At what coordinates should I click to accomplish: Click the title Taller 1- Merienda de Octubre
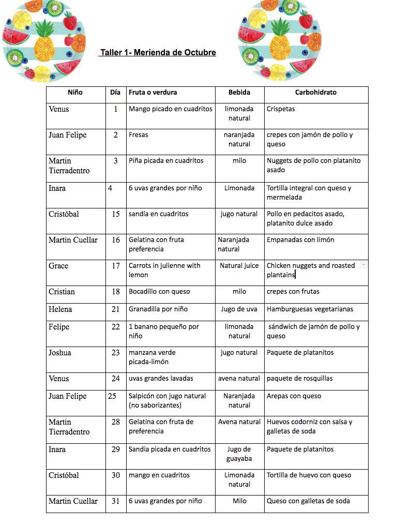pyautogui.click(x=158, y=53)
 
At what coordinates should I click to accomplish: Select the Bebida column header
pyautogui.click(x=239, y=93)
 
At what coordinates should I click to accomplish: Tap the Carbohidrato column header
pyautogui.click(x=315, y=93)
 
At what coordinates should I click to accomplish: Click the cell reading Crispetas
pyautogui.click(x=281, y=109)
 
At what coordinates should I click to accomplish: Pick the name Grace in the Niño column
pyautogui.click(x=58, y=266)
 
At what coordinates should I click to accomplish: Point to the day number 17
pyautogui.click(x=116, y=266)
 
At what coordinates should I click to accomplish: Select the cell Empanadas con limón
pyautogui.click(x=300, y=240)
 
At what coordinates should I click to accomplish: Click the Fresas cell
pyautogui.click(x=139, y=135)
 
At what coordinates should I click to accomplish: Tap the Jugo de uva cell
pyautogui.click(x=239, y=309)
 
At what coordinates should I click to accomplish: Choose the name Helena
pyautogui.click(x=60, y=309)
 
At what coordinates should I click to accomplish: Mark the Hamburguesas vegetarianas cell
pyautogui.click(x=310, y=309)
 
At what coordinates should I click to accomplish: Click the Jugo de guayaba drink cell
pyautogui.click(x=239, y=454)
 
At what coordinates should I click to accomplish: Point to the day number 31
pyautogui.click(x=116, y=501)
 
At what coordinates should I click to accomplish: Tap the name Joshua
pyautogui.click(x=60, y=353)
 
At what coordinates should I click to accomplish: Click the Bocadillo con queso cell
pyautogui.click(x=159, y=292)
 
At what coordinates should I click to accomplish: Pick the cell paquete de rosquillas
pyautogui.click(x=300, y=379)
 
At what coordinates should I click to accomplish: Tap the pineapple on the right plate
pyautogui.click(x=280, y=41)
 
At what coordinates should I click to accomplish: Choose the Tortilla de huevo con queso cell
pyautogui.click(x=309, y=475)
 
